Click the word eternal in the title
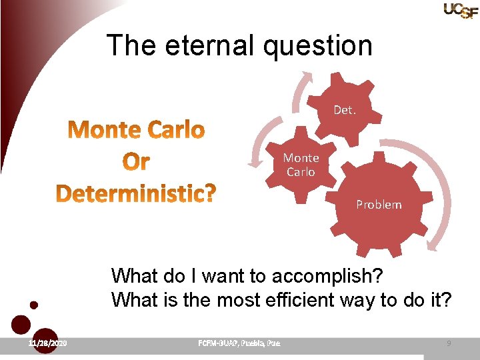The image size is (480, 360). click(202, 46)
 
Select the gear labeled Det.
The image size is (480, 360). click(344, 110)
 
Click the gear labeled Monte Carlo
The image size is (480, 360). click(301, 165)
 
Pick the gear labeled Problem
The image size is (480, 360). click(378, 205)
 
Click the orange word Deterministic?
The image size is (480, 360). click(136, 194)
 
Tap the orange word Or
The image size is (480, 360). click(136, 162)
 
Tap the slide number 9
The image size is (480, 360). click(449, 343)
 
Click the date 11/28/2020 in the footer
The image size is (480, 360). click(47, 343)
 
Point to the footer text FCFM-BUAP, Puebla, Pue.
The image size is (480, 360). click(239, 343)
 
